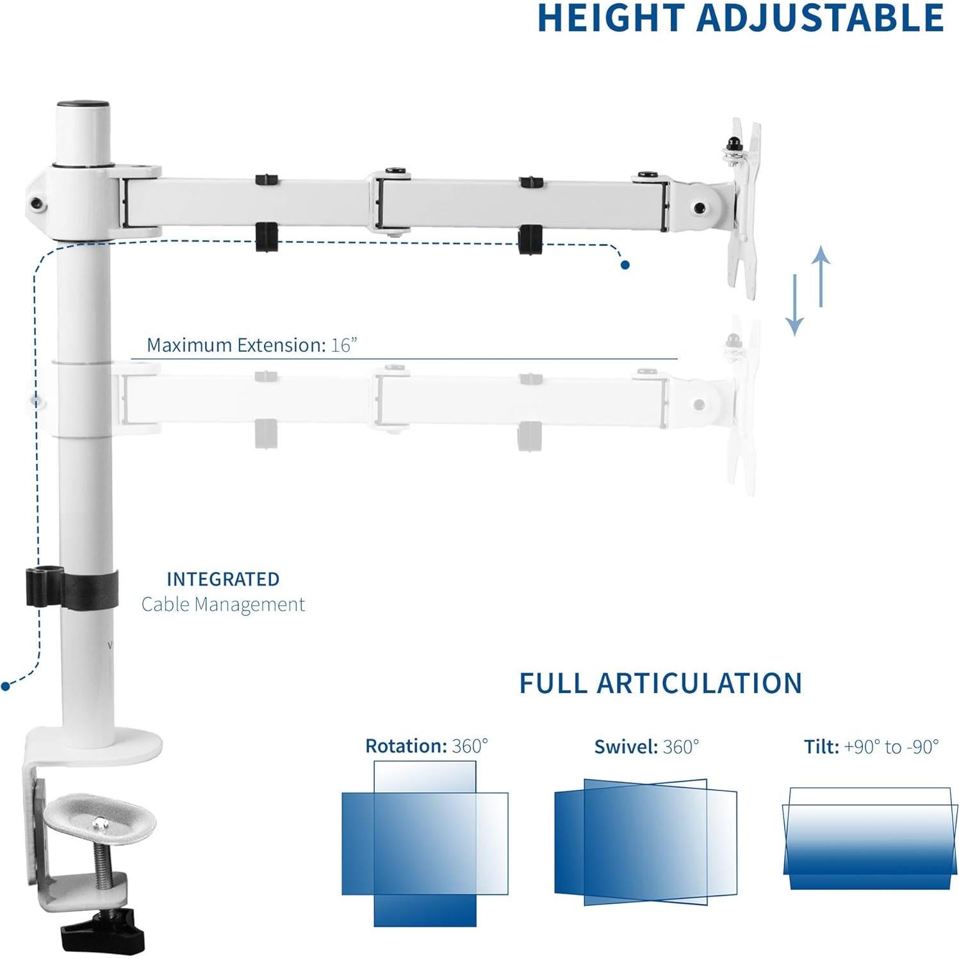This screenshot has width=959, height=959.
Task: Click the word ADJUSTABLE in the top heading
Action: pos(820,18)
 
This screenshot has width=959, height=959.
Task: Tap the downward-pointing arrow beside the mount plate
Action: pos(794,305)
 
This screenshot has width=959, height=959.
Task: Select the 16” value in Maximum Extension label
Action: pos(343,345)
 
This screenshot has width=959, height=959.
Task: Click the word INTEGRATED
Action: pos(223,579)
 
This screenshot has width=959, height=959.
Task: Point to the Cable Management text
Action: pos(223,604)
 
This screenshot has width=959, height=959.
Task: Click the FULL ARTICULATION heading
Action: pos(660,684)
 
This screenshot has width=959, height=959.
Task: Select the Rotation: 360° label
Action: pos(426,746)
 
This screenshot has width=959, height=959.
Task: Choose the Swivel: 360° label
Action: pos(646,747)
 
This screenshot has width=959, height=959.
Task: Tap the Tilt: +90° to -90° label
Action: pos(871,747)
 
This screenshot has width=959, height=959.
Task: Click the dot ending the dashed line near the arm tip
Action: pos(625,265)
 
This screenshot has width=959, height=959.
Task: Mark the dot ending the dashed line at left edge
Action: pos(6,686)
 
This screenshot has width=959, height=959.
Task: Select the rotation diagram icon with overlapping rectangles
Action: pos(425,843)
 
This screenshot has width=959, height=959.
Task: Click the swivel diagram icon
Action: pos(646,842)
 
